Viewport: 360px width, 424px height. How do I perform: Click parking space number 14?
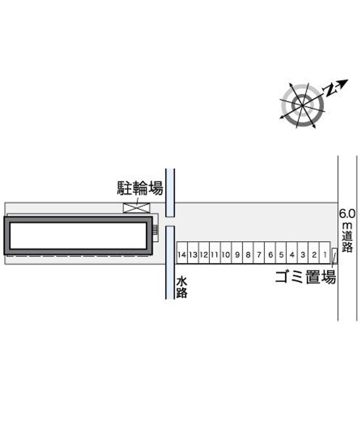pos(182,253)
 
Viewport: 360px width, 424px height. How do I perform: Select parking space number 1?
pos(325,253)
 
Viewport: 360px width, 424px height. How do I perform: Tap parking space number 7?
pos(259,253)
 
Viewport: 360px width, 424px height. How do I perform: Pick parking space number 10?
pos(226,253)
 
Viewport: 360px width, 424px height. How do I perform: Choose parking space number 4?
pos(292,253)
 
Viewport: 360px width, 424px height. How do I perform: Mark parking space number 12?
pos(204,253)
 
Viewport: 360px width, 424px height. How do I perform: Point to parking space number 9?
pos(237,253)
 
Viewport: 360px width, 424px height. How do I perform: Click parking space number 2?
pos(314,253)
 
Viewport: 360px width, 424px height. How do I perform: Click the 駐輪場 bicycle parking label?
pos(140,188)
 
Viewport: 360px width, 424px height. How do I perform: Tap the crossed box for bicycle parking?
pos(136,207)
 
